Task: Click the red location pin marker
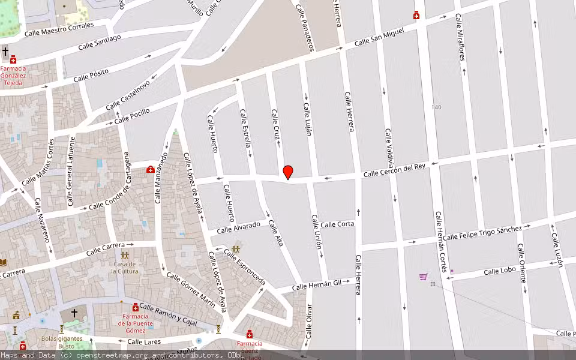(x=288, y=172)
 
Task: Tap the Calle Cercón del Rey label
(x=394, y=170)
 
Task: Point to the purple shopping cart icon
(x=424, y=277)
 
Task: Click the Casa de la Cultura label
(x=124, y=268)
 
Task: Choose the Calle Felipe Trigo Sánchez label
(x=482, y=233)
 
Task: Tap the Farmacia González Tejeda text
(x=13, y=76)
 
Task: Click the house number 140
(x=436, y=107)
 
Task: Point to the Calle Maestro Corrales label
(x=59, y=29)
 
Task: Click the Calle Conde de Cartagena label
(x=109, y=199)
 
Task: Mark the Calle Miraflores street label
(x=461, y=38)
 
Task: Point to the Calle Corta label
(x=337, y=224)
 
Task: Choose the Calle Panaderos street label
(x=304, y=28)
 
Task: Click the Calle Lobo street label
(x=500, y=271)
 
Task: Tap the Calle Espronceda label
(x=244, y=267)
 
